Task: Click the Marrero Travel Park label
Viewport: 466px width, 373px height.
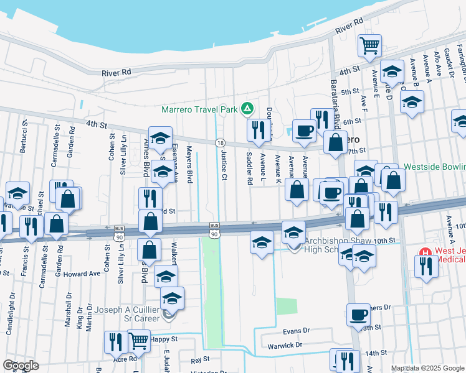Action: pos(199,109)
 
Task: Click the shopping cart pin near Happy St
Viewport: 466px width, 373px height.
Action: pos(138,339)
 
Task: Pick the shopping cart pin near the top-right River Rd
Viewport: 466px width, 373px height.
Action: pos(369,44)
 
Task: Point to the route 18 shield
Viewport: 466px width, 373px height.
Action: pos(220,143)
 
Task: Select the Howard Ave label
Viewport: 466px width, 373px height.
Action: pos(82,274)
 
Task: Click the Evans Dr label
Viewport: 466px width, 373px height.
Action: pos(296,331)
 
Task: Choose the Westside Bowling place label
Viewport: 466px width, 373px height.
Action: pos(434,167)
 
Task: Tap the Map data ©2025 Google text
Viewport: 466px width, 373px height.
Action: pos(427,368)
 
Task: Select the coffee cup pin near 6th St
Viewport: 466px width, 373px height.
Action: pos(304,131)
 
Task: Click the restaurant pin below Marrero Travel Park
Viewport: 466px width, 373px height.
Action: pos(257,129)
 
